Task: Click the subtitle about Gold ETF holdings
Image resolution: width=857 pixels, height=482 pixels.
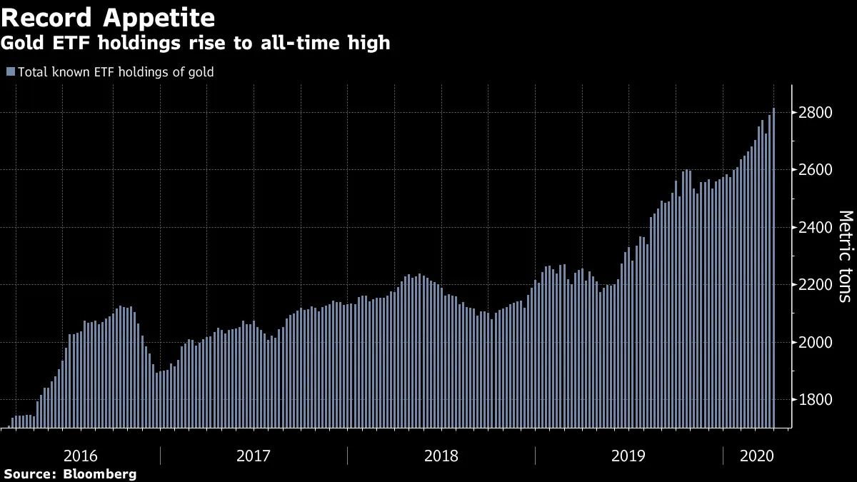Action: pos(196,43)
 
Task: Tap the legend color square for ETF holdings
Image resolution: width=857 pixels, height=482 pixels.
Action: pos(10,71)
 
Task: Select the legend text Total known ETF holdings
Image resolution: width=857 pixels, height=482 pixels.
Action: pos(116,71)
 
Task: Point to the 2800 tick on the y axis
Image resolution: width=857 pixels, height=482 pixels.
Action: pos(814,113)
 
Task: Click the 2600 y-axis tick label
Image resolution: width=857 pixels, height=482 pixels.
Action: pos(814,170)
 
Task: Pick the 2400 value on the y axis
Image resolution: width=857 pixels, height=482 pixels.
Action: pos(814,228)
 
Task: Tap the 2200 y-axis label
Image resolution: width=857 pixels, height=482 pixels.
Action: pos(814,285)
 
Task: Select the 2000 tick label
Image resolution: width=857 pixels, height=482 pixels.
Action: pos(814,342)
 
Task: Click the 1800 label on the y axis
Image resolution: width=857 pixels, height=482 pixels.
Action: pos(814,400)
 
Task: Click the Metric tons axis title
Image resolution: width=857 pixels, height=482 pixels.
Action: pos(844,256)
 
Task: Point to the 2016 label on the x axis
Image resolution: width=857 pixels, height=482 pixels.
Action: pos(81,455)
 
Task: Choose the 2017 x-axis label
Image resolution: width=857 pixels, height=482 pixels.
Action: pos(254,455)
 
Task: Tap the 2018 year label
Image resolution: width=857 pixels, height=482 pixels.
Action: pos(441,455)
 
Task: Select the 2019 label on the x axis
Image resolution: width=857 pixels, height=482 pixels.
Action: pos(628,455)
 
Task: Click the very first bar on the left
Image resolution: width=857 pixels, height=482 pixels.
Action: pos(13,423)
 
